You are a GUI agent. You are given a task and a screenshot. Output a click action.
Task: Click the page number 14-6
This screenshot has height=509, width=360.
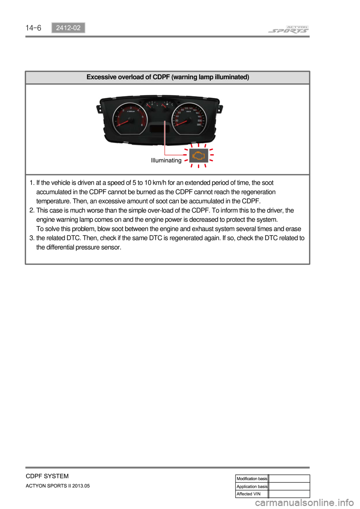coord(33,28)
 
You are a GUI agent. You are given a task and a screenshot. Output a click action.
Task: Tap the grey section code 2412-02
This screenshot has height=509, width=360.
coord(68,28)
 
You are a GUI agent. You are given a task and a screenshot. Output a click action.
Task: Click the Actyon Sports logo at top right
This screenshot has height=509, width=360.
coord(288,29)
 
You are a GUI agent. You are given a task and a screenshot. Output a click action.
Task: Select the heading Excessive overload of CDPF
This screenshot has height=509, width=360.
coord(168,77)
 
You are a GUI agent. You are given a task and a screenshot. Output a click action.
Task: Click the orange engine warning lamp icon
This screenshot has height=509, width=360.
coord(198,156)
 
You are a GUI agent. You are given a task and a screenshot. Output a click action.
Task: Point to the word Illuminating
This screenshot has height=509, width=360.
coord(166,160)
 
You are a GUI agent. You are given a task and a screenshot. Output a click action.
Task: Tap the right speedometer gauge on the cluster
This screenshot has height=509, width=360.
coord(189,118)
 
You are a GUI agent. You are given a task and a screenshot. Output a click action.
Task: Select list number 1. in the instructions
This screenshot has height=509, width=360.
coord(32,183)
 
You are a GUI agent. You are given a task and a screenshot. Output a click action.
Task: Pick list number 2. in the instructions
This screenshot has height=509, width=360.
coord(32,211)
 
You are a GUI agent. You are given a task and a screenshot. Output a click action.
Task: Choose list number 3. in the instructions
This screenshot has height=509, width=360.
coord(32,238)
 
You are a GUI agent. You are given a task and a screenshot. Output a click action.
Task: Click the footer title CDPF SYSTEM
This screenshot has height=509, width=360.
coord(47,476)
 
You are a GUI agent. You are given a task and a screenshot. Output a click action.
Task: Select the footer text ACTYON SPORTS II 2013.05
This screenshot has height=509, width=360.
coord(58,486)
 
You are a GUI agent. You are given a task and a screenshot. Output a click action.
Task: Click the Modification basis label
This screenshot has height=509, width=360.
coord(252,479)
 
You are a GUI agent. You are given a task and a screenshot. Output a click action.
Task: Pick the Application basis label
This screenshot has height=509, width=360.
coord(252,487)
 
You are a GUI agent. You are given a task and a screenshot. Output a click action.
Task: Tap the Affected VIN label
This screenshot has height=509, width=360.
coord(248,494)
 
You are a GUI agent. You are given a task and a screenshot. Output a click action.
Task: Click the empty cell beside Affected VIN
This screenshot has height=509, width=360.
coord(289,494)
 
